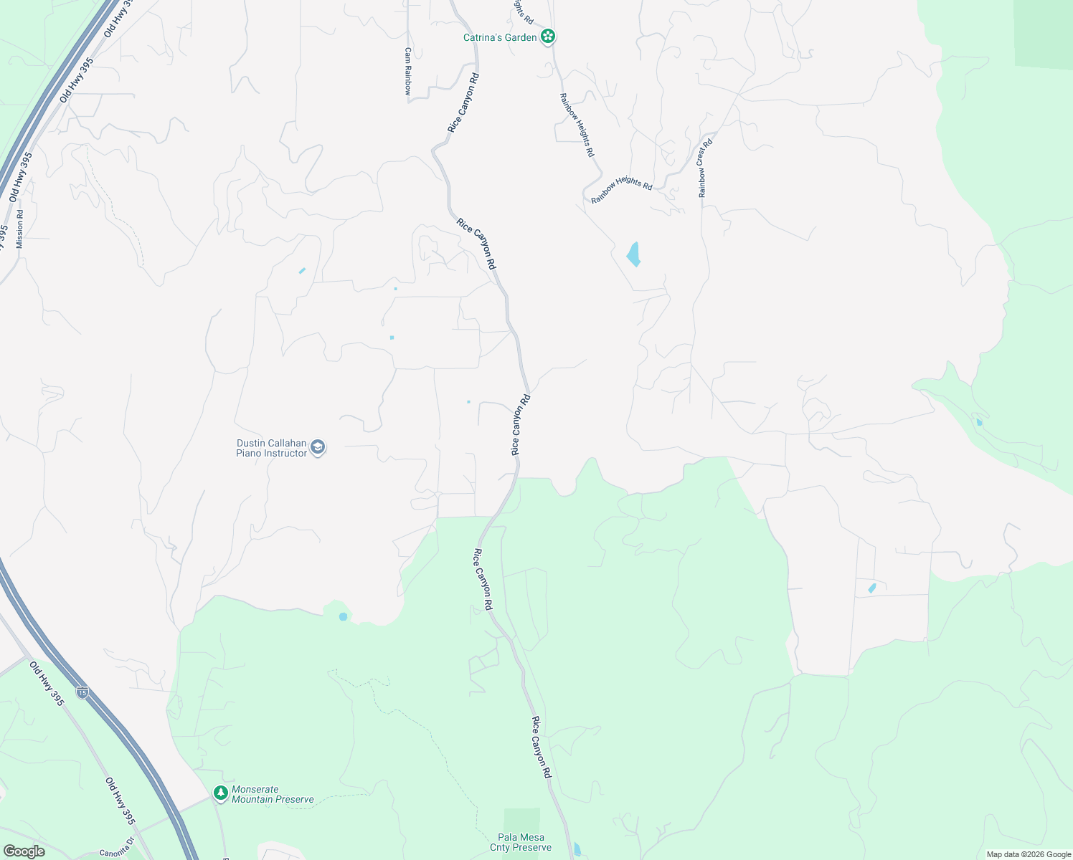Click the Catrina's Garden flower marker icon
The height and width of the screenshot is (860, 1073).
tap(548, 37)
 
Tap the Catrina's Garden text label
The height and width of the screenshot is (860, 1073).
tap(500, 37)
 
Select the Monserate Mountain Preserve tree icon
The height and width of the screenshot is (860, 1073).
tap(221, 793)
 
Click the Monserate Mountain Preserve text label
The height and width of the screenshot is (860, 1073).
tap(273, 794)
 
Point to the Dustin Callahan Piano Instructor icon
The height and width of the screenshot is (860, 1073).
tap(318, 448)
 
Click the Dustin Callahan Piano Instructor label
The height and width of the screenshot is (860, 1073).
tap(271, 448)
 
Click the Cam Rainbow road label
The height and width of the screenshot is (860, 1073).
tap(407, 71)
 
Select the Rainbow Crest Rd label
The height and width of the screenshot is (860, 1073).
tap(705, 168)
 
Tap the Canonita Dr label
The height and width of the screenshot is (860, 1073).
tap(117, 852)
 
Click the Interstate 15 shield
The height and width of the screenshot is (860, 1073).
tap(83, 692)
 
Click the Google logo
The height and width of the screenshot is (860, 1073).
tap(24, 851)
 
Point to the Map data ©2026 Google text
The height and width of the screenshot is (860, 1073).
tap(1027, 854)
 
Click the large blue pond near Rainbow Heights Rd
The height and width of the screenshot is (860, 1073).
tap(633, 254)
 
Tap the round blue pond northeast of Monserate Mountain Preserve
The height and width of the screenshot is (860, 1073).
tap(343, 616)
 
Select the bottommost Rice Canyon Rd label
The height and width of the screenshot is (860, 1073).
tap(542, 747)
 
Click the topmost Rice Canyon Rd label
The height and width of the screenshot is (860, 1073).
tap(463, 102)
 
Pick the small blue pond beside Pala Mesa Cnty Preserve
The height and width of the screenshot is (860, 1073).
tap(577, 849)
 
